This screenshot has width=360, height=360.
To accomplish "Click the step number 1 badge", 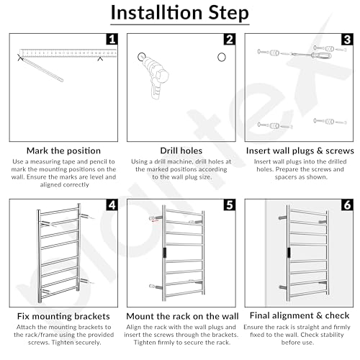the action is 112,39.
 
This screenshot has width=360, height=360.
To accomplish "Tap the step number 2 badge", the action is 230,39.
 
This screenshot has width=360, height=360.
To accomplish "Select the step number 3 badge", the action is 347,39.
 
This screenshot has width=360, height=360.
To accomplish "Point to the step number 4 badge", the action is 112,204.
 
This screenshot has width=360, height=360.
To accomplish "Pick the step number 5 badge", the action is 230,204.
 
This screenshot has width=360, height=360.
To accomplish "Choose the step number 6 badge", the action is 347,204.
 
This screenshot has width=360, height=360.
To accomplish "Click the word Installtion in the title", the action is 157,12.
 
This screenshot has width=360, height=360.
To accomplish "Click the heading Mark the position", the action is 63,150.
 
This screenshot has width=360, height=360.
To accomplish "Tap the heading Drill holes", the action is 181,150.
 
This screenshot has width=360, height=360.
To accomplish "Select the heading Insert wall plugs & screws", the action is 300,150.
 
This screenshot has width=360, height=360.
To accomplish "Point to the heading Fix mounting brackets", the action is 63,316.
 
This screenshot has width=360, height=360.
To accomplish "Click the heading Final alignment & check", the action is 300,315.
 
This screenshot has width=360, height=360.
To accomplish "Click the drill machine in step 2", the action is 155,74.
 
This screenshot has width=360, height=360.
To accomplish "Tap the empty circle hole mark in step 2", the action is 222,58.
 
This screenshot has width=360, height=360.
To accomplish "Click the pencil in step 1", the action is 41,68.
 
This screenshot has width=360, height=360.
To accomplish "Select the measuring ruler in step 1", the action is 68,53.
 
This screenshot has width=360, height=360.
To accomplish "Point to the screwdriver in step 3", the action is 311,55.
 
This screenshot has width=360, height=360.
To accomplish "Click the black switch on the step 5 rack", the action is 165,253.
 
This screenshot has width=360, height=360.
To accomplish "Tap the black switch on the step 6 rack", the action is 289,253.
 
